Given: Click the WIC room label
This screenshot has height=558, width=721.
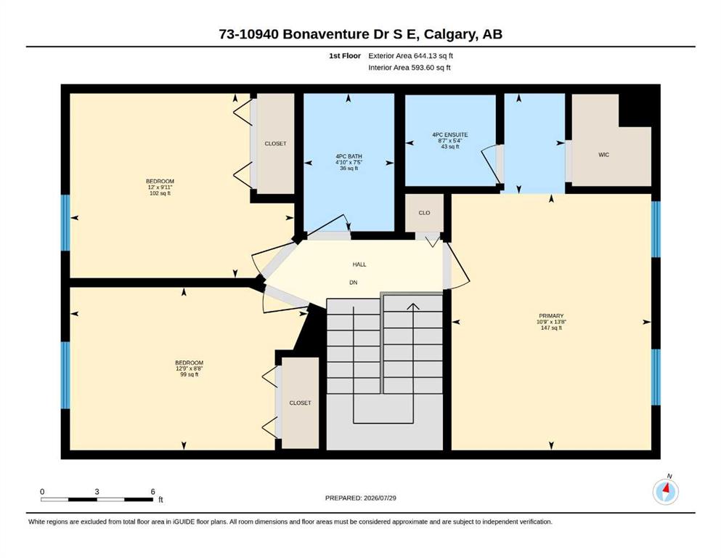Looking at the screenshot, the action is click(x=603, y=155).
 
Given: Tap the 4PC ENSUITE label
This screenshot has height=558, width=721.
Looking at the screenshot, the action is click(x=449, y=135).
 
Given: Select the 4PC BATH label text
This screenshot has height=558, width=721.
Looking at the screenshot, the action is click(x=349, y=156).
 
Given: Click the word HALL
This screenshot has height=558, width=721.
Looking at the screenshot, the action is click(x=359, y=264).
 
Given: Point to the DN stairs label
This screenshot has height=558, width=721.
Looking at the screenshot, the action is click(x=353, y=283).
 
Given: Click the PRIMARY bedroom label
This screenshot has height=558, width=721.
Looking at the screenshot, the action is click(x=551, y=316).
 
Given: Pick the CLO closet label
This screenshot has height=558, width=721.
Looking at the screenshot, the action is click(x=424, y=213).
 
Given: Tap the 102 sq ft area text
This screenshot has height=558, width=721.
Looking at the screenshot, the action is click(x=160, y=193).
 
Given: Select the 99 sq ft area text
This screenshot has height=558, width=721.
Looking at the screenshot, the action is click(x=189, y=374).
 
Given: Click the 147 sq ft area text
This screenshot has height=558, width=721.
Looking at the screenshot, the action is click(x=551, y=328).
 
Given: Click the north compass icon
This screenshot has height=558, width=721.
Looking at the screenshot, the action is click(x=665, y=491).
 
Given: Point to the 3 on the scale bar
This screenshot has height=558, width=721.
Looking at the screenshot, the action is click(x=97, y=492).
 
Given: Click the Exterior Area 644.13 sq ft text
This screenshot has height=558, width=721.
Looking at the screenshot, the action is click(x=411, y=56).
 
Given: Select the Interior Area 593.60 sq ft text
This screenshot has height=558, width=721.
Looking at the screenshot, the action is click(x=410, y=68).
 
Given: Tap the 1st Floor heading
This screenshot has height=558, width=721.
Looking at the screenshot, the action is click(x=345, y=56).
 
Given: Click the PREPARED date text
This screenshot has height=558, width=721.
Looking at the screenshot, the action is click(x=360, y=498).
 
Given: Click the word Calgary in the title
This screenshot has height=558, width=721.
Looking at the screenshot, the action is click(x=449, y=34).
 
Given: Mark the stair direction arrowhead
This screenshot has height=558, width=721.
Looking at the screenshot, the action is click(x=413, y=307).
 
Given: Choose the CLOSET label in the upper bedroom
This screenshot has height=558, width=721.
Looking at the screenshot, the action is click(x=275, y=144).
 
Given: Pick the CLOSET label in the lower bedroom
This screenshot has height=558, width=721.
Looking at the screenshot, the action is click(x=300, y=403).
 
